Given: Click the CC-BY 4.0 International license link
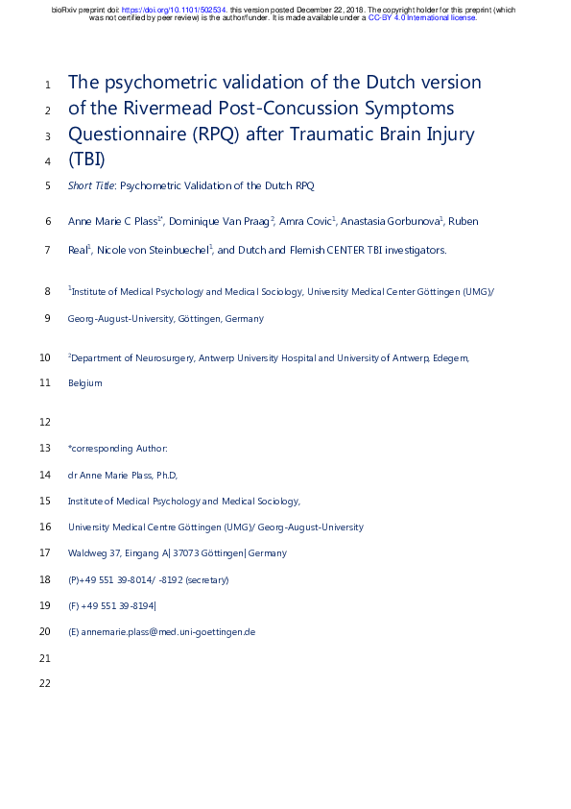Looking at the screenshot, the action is coord(422,17).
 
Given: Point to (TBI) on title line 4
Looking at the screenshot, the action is coord(86,159).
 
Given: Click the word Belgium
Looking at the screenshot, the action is coord(84,382).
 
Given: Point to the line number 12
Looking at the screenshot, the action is coord(44,422).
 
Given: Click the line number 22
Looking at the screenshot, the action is coord(44,683).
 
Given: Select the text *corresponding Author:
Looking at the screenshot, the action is coord(118,449).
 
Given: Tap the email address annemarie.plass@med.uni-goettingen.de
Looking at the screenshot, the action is coord(168,632).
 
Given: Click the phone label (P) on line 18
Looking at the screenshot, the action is coord(74,580).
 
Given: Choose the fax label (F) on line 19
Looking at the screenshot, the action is coord(74,606).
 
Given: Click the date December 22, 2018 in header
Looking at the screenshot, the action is coord(315,10).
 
